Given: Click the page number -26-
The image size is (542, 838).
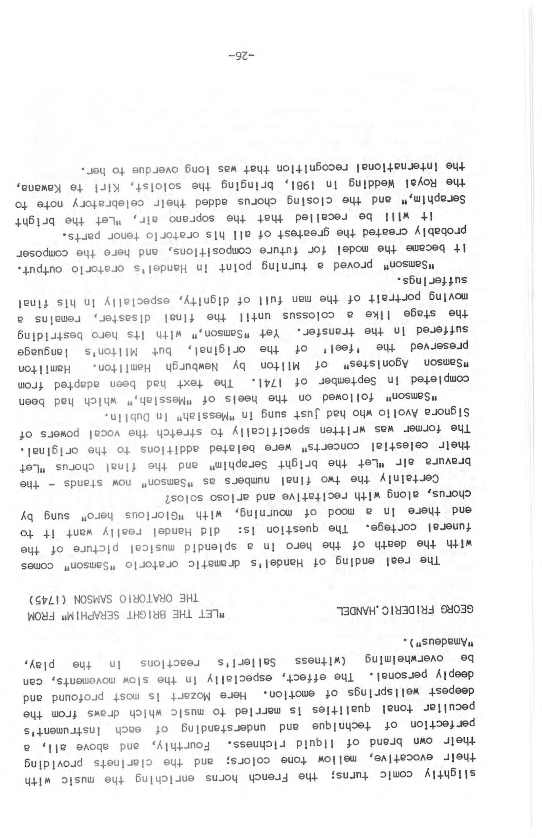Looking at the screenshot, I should click(241, 55).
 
